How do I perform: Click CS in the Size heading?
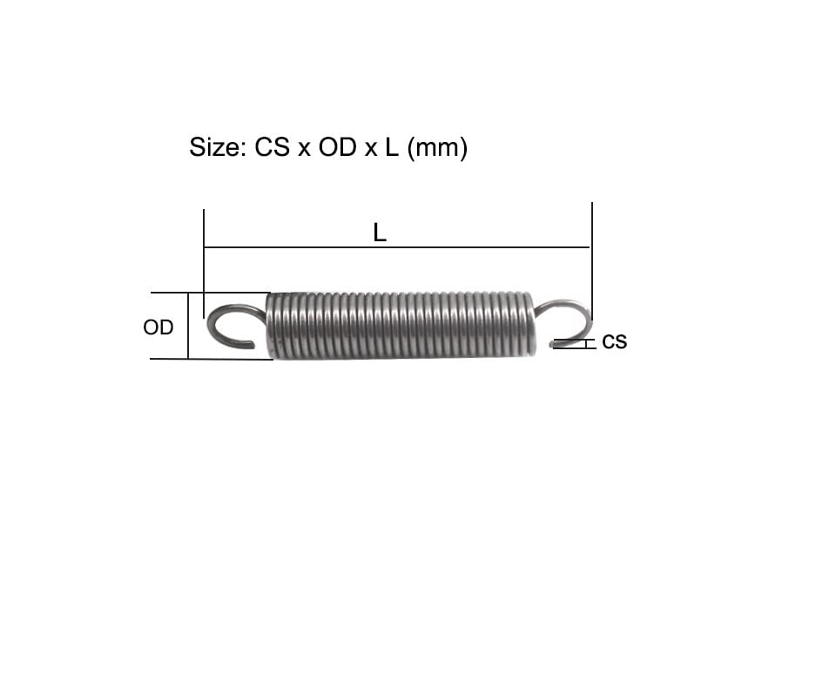pyautogui.click(x=272, y=147)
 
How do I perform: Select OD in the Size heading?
pyautogui.click(x=338, y=147)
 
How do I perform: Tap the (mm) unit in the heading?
pyautogui.click(x=437, y=148)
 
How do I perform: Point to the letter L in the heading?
pyautogui.click(x=392, y=147)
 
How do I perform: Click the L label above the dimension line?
pyautogui.click(x=380, y=233)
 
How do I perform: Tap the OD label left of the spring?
pyautogui.click(x=158, y=327)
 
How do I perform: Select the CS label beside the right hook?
pyautogui.click(x=614, y=342)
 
